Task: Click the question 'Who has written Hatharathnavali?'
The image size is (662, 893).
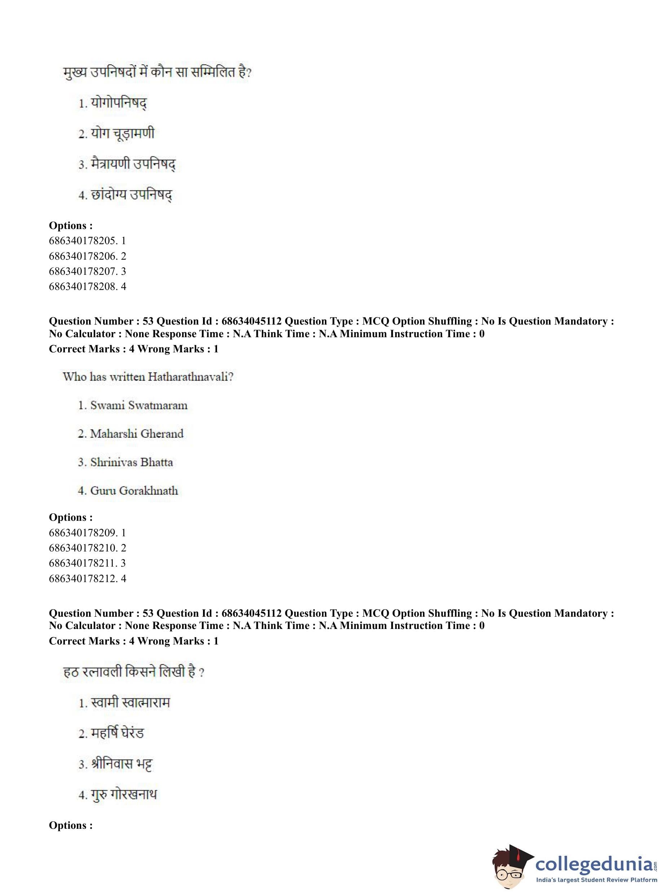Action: click(148, 377)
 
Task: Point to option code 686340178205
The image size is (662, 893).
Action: click(87, 241)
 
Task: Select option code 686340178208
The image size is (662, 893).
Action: click(87, 287)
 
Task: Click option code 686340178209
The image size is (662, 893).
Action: click(87, 533)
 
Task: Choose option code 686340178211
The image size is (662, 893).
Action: click(87, 563)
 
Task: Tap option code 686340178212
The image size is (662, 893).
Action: click(87, 579)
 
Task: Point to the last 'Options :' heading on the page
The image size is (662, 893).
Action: click(71, 825)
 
